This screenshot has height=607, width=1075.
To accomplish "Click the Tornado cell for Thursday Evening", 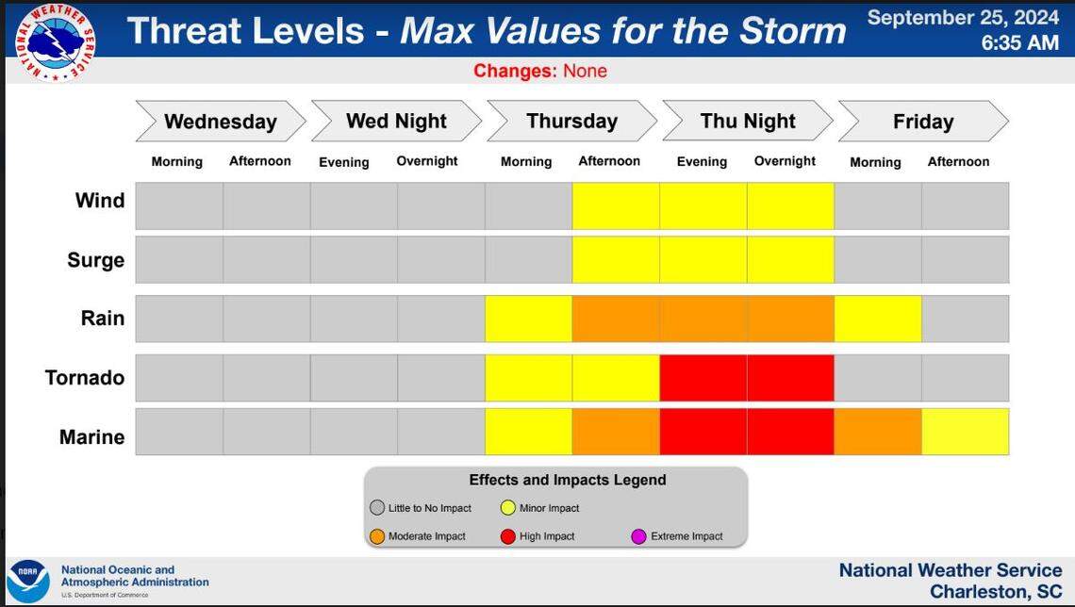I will [x=703, y=378].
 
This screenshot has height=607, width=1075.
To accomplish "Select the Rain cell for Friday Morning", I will [x=877, y=319].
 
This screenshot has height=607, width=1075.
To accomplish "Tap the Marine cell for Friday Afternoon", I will [x=965, y=432].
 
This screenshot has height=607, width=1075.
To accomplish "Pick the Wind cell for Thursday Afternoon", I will [x=615, y=206].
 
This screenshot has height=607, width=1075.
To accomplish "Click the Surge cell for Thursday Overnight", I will [x=790, y=260].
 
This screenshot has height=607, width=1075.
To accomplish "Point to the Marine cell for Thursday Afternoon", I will [x=615, y=432].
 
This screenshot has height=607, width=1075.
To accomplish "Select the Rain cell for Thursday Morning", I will [x=528, y=319].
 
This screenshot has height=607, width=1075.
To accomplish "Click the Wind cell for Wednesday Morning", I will [x=179, y=206].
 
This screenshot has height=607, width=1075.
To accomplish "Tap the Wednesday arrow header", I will [x=220, y=122].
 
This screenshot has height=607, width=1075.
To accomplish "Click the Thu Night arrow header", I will [x=747, y=122].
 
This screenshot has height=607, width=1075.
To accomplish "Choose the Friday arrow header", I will [x=922, y=122].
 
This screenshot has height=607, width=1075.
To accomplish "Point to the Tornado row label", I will [x=85, y=378].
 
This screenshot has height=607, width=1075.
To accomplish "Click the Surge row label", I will [x=95, y=260].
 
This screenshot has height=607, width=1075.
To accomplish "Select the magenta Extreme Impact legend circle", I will [x=639, y=536].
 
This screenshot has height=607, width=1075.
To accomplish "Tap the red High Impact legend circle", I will [x=507, y=536].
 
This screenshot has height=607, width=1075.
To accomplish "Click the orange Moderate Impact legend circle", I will [x=377, y=536].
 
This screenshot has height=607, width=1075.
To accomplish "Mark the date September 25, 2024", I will [x=963, y=18].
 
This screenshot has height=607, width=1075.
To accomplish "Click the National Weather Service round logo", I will [x=59, y=41].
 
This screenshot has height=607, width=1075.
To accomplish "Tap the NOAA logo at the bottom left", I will [x=28, y=582].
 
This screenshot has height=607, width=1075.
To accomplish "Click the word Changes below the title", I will [x=515, y=72].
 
